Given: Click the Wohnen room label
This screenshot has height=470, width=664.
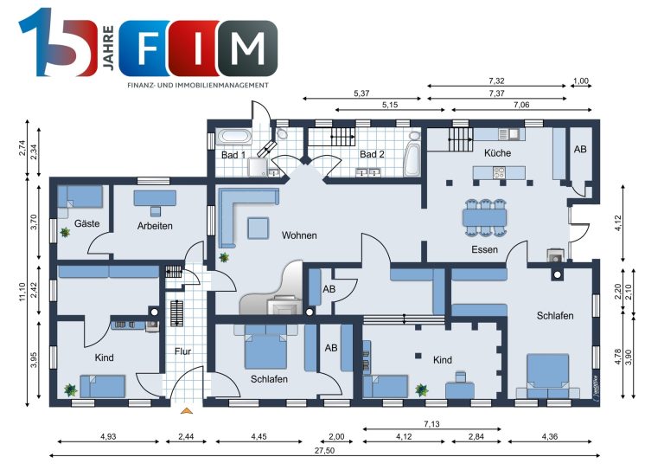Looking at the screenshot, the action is click(299, 235).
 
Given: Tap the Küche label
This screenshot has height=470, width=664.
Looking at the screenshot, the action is click(497, 152).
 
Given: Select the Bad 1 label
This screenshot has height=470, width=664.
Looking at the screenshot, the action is click(233, 155).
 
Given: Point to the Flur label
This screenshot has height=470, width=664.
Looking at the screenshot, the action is click(183, 351).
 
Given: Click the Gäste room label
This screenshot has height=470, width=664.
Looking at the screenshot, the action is click(86, 223).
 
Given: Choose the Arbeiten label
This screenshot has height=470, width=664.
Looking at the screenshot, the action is click(155, 226).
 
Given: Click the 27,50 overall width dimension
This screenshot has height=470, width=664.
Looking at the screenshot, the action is click(324, 450).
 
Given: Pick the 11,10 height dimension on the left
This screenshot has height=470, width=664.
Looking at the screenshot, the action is click(22, 292).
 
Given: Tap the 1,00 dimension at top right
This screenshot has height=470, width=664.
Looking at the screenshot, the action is click(581, 81).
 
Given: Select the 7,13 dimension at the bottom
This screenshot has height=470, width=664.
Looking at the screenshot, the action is click(431, 423).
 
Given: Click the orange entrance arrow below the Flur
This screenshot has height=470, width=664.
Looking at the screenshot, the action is click(187, 410).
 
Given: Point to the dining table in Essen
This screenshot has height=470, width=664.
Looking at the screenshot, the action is click(485, 218).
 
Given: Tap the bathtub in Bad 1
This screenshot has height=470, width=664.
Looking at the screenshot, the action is click(234, 137).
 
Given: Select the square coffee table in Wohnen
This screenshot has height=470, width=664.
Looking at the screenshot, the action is click(259, 228).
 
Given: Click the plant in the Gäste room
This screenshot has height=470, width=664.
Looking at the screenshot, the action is click(65, 232).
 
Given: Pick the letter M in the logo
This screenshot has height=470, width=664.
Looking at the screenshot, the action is click(248, 48).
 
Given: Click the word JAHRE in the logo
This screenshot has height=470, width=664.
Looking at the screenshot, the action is click(108, 48).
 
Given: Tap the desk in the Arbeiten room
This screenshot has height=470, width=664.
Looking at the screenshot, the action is click(155, 198).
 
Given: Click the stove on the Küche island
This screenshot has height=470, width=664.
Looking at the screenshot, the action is click(499, 172).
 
